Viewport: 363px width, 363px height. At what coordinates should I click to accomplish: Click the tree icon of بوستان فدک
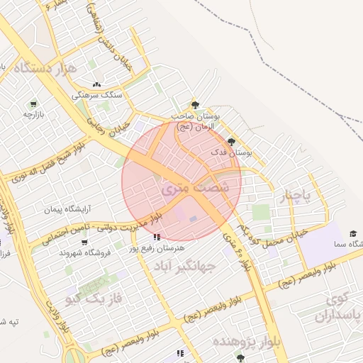(x=231, y=142)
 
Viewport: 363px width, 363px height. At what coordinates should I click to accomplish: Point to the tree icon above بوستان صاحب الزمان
(x=196, y=104)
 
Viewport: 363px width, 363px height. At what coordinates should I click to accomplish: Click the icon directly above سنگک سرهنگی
(x=97, y=84)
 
